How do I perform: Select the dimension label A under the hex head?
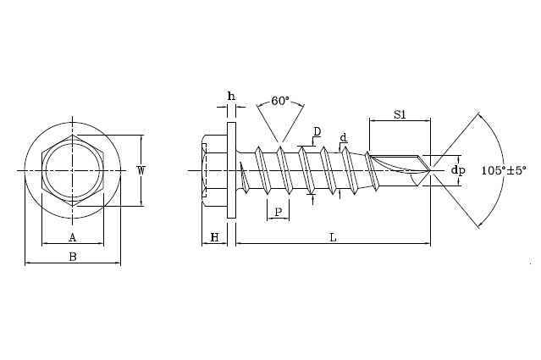pos(72,237)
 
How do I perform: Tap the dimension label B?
pos(73,256)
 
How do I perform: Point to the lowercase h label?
pos(231,96)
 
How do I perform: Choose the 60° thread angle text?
pos(279,101)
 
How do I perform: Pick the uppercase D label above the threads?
pos(317,131)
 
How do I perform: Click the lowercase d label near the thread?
pos(343,138)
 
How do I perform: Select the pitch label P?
pos(278,212)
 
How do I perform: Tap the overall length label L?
pos(333,238)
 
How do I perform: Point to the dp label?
pos(458,170)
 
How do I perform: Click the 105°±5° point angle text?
pos(503,170)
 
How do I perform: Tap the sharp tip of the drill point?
pos(432,170)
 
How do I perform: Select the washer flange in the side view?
pos(231,170)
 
